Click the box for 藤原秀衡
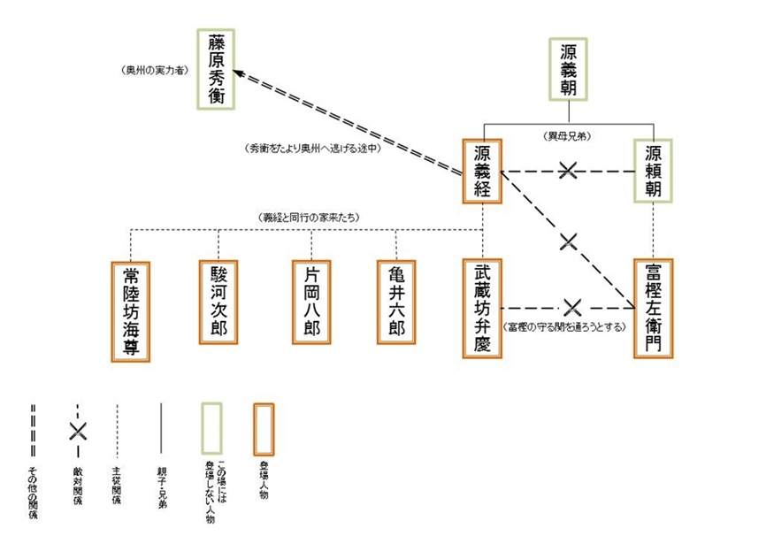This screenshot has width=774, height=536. pyautogui.click(x=217, y=68)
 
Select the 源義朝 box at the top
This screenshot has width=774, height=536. pyautogui.click(x=568, y=68)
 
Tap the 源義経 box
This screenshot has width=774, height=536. pyautogui.click(x=482, y=170)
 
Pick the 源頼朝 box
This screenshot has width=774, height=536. pyautogui.click(x=654, y=170)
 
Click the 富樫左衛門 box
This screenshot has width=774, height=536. pyautogui.click(x=653, y=308)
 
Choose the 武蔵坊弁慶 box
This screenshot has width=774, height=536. pyautogui.click(x=482, y=308)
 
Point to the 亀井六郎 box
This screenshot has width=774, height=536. pyautogui.click(x=395, y=302)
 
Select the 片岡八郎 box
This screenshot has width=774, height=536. pyautogui.click(x=310, y=302)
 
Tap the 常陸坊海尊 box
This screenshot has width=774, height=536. pyautogui.click(x=131, y=310)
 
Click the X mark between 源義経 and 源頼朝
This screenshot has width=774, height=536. pyautogui.click(x=569, y=171)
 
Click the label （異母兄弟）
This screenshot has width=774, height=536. pyautogui.click(x=569, y=137)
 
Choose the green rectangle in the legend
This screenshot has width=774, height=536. pyautogui.click(x=211, y=426)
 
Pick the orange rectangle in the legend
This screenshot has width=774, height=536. pyautogui.click(x=264, y=426)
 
